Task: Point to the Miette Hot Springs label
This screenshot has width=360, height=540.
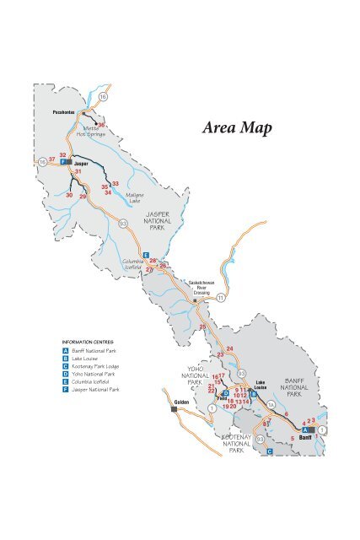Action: pos(90,131)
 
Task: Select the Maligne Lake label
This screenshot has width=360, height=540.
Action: pos(134,198)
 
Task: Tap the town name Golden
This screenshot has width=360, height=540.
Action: pos(180,402)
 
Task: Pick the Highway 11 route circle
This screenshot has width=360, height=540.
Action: pos(221,298)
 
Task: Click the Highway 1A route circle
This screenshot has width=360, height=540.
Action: pos(271,405)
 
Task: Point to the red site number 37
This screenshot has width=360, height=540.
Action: pos(52,158)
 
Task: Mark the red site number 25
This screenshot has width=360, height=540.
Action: pos(202,327)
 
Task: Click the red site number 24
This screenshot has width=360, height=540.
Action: pos(229,349)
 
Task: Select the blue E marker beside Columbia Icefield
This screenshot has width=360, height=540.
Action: pos(146,254)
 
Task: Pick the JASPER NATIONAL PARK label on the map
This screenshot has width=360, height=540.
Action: pos(157,222)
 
